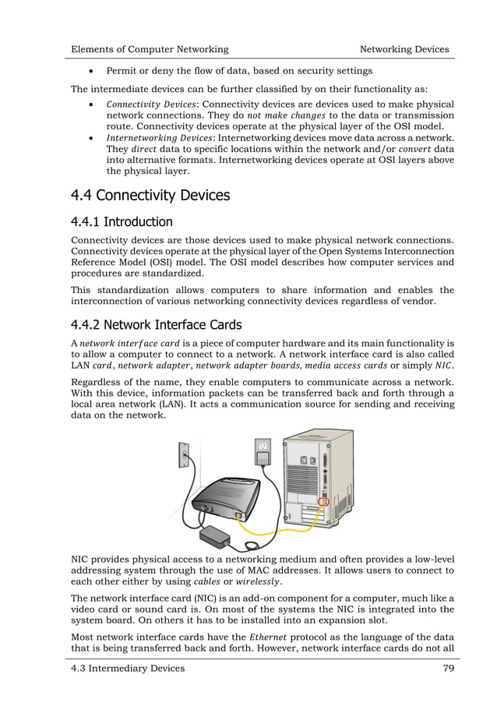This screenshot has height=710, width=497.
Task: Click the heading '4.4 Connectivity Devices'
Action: tap(150, 194)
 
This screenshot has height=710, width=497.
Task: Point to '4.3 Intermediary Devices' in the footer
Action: tap(128, 668)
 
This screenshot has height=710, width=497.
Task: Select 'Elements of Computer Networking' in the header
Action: tap(150, 49)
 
